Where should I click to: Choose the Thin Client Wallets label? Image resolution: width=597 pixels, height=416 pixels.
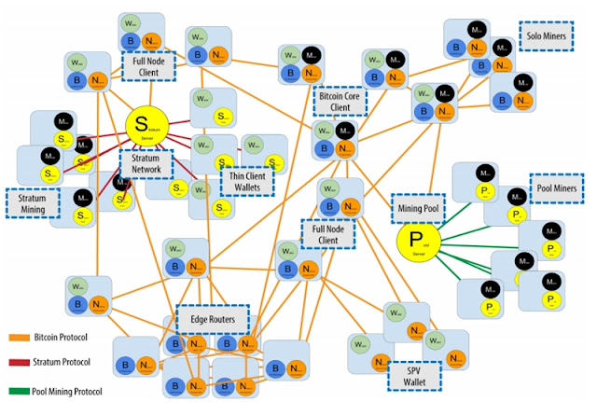click(247, 181)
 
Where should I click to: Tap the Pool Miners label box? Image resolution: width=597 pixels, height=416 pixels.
click(559, 187)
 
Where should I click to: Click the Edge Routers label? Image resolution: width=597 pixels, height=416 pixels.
click(213, 319)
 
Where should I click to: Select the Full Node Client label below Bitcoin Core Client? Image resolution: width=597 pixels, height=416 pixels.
click(328, 232)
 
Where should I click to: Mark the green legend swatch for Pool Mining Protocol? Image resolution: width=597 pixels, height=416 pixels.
click(21, 390)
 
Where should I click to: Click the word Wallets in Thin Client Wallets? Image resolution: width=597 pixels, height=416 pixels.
click(247, 187)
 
